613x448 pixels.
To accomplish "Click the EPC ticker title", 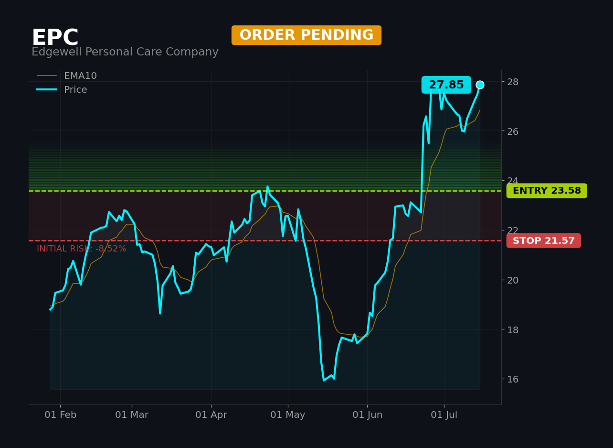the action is point(55,37).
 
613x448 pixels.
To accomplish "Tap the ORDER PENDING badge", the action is point(306,35).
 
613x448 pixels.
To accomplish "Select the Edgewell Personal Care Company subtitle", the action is point(125,52).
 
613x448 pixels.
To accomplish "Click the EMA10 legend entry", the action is point(67,76).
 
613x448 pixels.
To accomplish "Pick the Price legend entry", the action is point(62,89).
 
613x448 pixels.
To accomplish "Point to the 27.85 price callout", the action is point(446,85).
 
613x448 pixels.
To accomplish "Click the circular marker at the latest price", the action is point(480,85).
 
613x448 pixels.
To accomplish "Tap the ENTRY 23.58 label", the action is point(547,190).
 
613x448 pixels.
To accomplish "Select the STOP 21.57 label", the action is point(543,240).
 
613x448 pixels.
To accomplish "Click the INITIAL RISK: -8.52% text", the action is point(82,249).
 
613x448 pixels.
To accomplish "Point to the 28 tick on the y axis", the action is point(513,82).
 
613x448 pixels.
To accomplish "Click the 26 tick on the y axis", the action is point(513,131).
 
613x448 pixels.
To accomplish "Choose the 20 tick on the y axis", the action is point(513,280).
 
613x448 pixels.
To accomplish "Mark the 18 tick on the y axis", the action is point(513,330).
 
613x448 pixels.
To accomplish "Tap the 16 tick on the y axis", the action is point(513,379).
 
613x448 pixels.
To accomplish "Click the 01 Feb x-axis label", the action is point(61,415).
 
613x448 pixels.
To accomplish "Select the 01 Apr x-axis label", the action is point(211,415).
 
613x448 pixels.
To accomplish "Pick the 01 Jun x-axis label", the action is point(367,415).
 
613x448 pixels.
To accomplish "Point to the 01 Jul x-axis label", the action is point(444,415).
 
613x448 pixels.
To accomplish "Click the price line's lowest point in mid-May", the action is point(324,380).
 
